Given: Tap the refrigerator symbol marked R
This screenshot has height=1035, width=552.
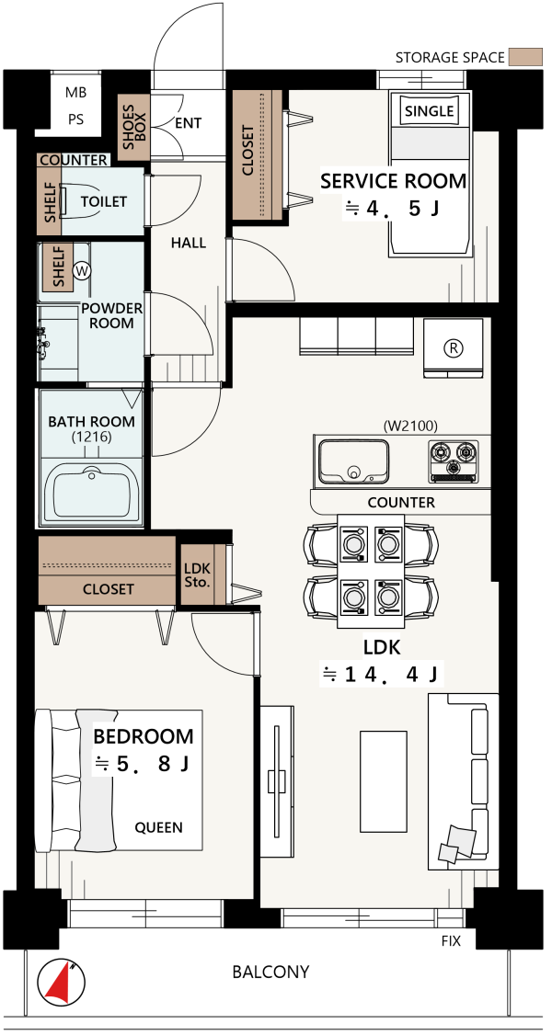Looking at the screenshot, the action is [x=454, y=348].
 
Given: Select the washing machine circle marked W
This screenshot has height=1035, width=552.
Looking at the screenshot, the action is [x=83, y=270].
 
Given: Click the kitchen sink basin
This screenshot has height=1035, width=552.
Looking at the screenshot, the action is [x=353, y=461].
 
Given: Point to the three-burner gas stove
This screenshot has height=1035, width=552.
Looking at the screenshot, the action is [x=453, y=460].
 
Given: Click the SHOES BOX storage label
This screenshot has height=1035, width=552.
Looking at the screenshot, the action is [x=134, y=128].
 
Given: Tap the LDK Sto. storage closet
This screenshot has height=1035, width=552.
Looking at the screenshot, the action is [x=197, y=574].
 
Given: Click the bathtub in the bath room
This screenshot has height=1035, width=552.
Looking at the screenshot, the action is [x=92, y=491].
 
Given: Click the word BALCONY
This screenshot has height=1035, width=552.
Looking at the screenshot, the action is [x=270, y=972].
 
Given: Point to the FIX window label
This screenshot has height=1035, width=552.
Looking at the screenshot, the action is [x=451, y=940].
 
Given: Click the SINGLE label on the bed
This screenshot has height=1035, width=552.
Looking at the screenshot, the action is [x=430, y=111].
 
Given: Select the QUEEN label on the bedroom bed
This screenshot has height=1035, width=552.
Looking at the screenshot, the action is [x=158, y=827].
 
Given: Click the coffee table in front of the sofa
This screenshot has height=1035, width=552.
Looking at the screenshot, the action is [x=384, y=781].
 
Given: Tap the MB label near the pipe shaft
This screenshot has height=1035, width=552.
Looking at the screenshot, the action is [x=75, y=93].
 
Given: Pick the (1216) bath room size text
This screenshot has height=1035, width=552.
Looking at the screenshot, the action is [x=92, y=437].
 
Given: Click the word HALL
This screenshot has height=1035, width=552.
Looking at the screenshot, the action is [x=189, y=243].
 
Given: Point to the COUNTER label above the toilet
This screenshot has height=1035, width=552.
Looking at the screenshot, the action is [x=74, y=161].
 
